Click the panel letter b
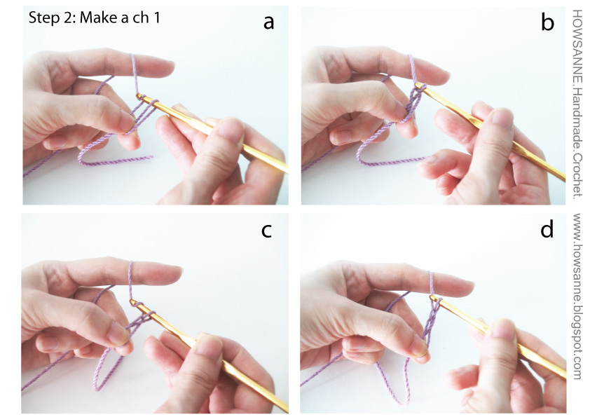click(547, 22)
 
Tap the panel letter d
click(547, 229)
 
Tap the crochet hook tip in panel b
click(418, 86)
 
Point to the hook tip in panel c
click(132, 301)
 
